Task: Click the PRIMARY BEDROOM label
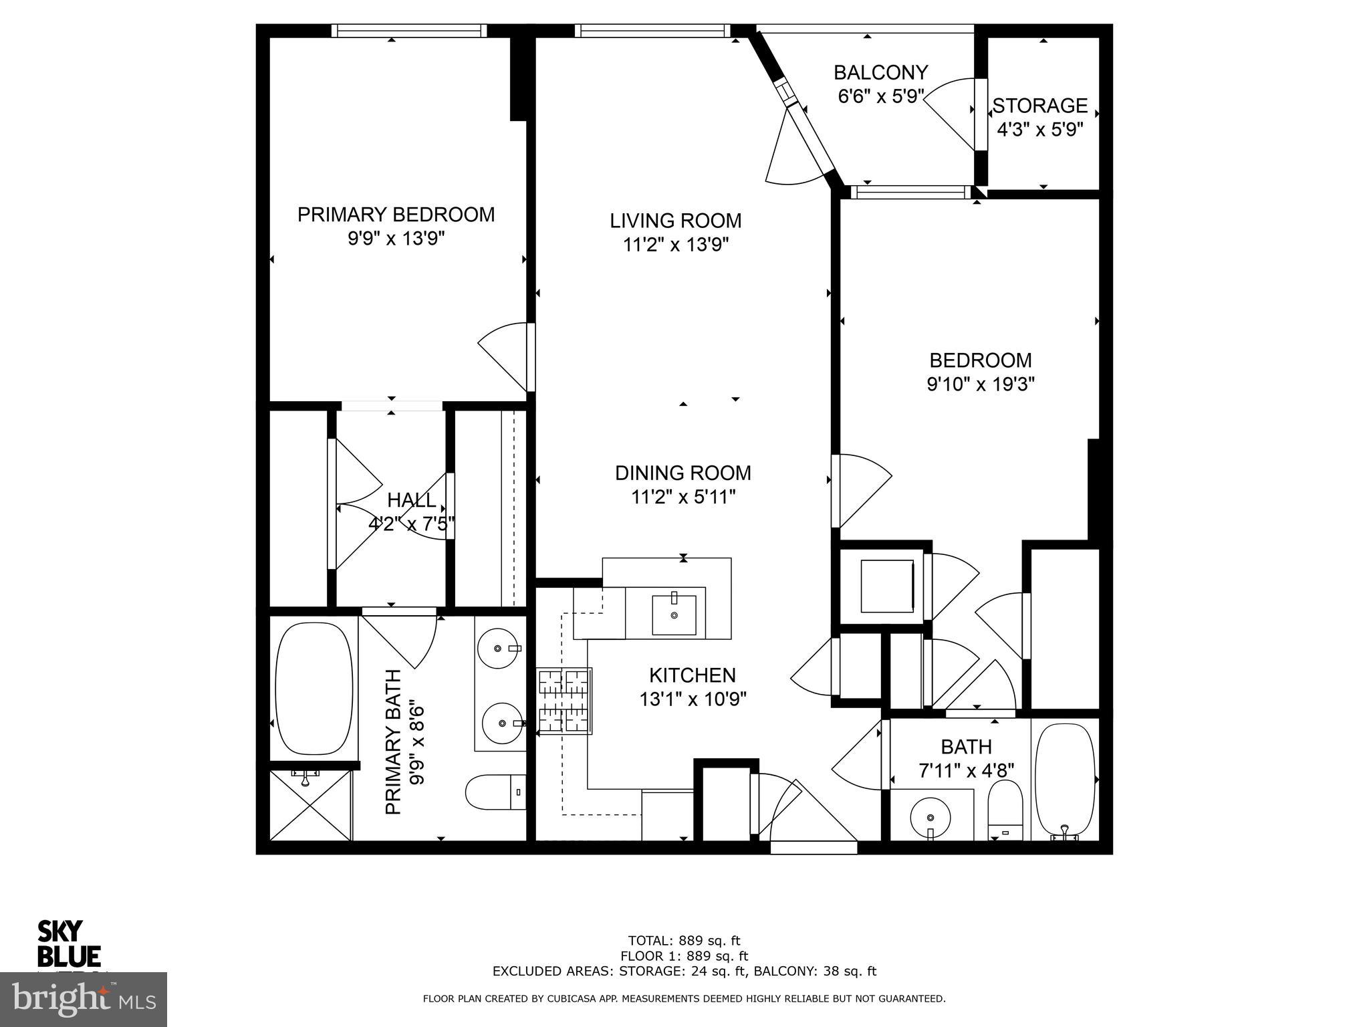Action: click(396, 215)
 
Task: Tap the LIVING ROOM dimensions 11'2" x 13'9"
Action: click(675, 245)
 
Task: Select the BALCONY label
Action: click(880, 72)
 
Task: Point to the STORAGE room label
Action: click(1039, 106)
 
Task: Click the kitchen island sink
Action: click(674, 614)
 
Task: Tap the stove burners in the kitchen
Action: click(565, 702)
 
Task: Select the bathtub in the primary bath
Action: click(314, 689)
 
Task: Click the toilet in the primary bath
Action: click(493, 792)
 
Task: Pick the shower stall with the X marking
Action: click(309, 805)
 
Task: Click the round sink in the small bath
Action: click(930, 817)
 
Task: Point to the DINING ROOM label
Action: click(682, 473)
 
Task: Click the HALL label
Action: click(411, 499)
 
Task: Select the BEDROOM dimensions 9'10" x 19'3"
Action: click(980, 384)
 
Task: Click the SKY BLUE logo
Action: click(68, 943)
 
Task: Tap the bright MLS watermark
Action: click(83, 999)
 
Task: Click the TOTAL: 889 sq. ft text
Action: click(684, 941)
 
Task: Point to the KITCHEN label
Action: click(692, 675)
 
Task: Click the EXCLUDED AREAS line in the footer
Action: click(684, 972)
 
